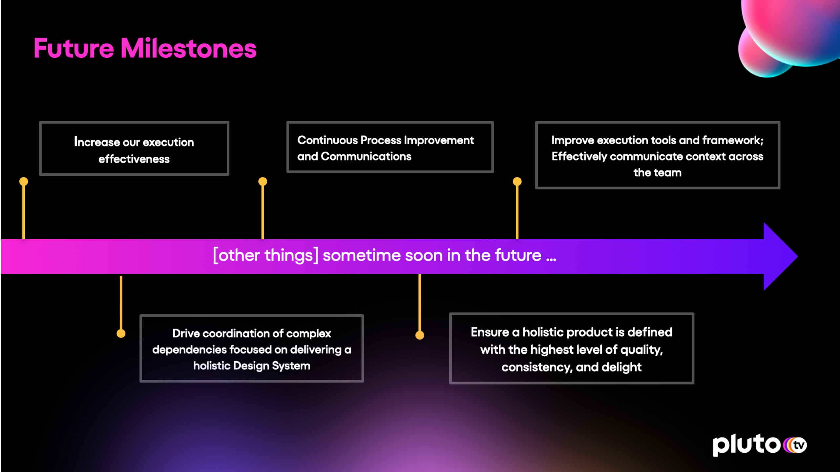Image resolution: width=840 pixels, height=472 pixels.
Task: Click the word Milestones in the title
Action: [189, 48]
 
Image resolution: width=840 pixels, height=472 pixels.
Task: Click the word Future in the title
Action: [74, 48]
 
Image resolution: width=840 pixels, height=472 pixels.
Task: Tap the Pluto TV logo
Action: [760, 444]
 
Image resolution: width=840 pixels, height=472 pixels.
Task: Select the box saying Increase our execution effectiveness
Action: [134, 148]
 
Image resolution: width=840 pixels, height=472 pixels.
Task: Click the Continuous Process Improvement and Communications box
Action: [390, 147]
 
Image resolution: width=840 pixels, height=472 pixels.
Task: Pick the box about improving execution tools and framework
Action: [658, 155]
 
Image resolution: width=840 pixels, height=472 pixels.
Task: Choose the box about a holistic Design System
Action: [252, 348]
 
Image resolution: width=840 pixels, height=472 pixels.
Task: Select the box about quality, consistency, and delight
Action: [572, 348]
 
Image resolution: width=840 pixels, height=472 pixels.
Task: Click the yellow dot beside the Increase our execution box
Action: [24, 181]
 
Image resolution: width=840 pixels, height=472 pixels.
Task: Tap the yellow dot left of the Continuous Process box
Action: [263, 181]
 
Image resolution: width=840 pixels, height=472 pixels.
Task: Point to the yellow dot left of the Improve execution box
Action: [517, 181]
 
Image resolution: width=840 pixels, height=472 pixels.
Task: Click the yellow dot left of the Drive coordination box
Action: [121, 334]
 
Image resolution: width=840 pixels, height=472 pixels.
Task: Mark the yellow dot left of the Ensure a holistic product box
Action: [420, 335]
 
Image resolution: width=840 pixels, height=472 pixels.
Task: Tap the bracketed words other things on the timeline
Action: [266, 255]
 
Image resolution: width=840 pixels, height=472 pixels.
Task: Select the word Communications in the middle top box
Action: [366, 156]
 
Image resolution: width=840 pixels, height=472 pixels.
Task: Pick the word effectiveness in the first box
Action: [134, 159]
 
